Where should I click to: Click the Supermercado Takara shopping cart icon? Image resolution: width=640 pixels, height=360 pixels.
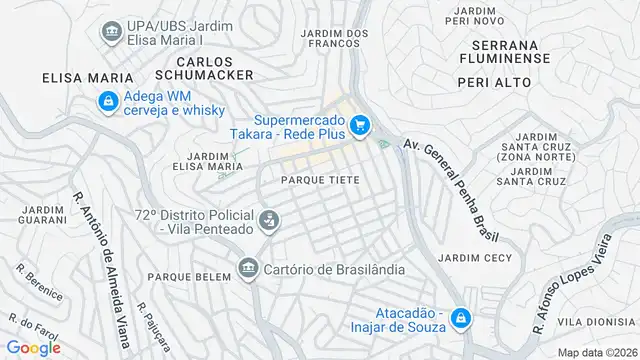[360, 126]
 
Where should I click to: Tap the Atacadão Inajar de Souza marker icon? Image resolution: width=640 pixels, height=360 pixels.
[459, 318]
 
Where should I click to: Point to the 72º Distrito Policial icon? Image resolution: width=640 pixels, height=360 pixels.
[268, 220]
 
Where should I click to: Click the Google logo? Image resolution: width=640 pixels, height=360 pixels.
[33, 347]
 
